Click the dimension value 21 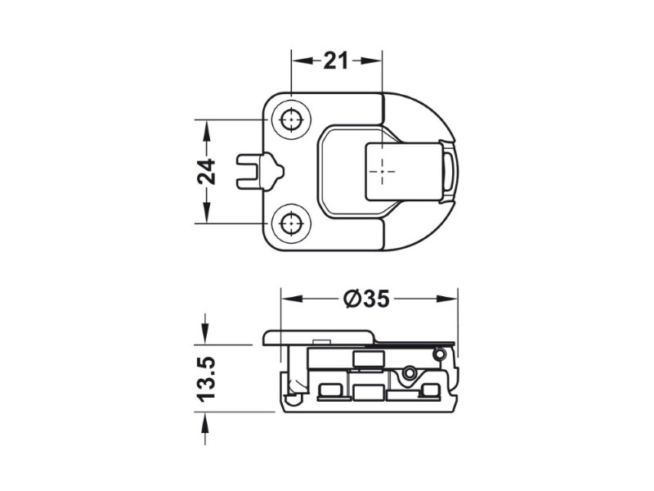pos(335,61)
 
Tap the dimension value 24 pos(206,172)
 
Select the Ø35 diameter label pos(366,299)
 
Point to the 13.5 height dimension pos(206,379)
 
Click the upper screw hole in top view pos(291,120)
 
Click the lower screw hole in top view pos(291,223)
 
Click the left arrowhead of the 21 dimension pos(302,61)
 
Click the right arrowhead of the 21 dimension pos(371,61)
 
